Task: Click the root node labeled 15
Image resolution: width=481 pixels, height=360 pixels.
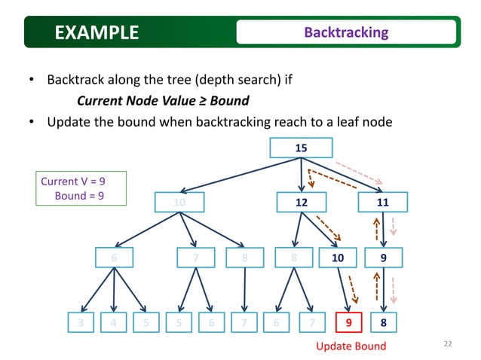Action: point(301,148)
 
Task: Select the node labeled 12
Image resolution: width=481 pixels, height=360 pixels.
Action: point(302,203)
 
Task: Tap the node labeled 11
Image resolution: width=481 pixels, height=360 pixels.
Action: point(384,203)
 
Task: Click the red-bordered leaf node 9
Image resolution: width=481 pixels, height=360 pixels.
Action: point(348,322)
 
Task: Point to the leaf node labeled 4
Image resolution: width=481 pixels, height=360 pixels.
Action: point(114,322)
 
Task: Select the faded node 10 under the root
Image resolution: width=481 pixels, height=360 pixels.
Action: point(179,203)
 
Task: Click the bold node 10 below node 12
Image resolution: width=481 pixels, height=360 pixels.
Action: point(338,258)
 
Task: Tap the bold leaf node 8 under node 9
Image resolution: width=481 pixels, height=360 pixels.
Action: point(385,322)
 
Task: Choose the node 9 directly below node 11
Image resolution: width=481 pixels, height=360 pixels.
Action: point(385,258)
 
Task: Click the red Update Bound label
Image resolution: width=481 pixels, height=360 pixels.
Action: point(351,346)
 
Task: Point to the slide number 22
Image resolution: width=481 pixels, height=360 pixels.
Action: point(448,344)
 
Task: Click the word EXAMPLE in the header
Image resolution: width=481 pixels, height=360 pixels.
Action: point(97,32)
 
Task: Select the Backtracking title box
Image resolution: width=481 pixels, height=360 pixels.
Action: point(346,32)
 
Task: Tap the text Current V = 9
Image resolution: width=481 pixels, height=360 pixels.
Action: point(72,182)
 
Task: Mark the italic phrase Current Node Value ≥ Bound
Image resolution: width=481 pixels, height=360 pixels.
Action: point(163,100)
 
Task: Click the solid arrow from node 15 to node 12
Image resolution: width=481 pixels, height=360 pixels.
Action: point(302,175)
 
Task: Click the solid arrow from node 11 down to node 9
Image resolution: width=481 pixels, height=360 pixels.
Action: point(384,230)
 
